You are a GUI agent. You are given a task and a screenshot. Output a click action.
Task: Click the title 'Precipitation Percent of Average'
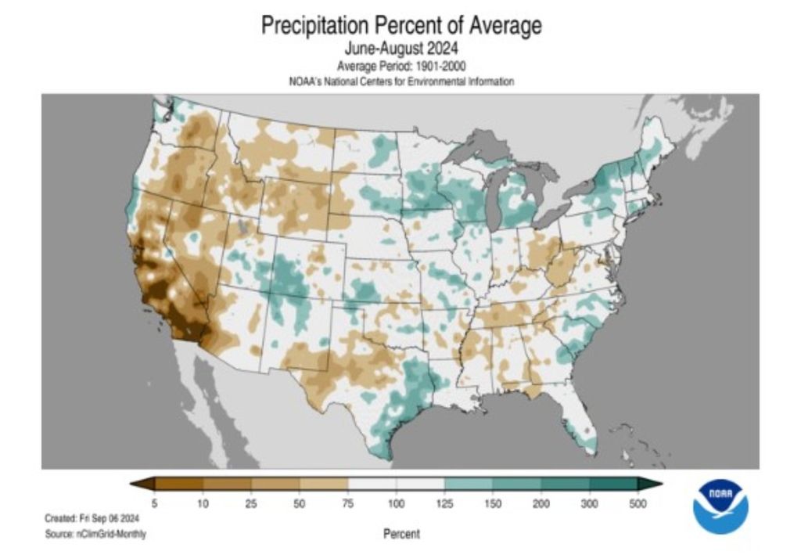pyautogui.click(x=400, y=26)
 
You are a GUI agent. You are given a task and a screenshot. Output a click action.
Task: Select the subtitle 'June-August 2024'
pyautogui.click(x=400, y=50)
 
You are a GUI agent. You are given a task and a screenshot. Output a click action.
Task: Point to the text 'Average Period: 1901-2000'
pyautogui.click(x=400, y=67)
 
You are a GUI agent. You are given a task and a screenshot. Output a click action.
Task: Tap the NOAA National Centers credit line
pyautogui.click(x=400, y=81)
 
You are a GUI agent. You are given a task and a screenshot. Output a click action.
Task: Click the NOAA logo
pyautogui.click(x=720, y=506)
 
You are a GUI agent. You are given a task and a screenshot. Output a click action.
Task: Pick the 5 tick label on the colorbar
pyautogui.click(x=154, y=504)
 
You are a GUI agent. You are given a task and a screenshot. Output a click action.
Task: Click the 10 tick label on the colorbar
pyautogui.click(x=203, y=504)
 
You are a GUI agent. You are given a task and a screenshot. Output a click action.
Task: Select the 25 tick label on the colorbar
pyautogui.click(x=251, y=504)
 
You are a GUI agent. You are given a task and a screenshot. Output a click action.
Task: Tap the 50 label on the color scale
pyautogui.click(x=300, y=504)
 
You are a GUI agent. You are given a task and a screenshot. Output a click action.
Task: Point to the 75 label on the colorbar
pyautogui.click(x=348, y=504)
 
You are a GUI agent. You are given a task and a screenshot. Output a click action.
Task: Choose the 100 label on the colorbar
pyautogui.click(x=397, y=504)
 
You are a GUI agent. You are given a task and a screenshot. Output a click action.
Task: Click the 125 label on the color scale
pyautogui.click(x=444, y=504)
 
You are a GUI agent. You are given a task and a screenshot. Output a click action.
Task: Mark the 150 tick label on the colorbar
pyautogui.click(x=493, y=504)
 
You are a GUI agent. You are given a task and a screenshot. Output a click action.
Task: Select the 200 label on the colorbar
pyautogui.click(x=541, y=504)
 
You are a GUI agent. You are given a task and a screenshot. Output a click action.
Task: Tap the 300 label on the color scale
pyautogui.click(x=590, y=504)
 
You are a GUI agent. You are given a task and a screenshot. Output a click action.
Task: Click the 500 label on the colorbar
pyautogui.click(x=638, y=504)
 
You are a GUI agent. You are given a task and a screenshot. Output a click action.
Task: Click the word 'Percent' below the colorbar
pyautogui.click(x=401, y=534)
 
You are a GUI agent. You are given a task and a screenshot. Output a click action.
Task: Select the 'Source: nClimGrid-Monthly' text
pyautogui.click(x=95, y=534)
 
